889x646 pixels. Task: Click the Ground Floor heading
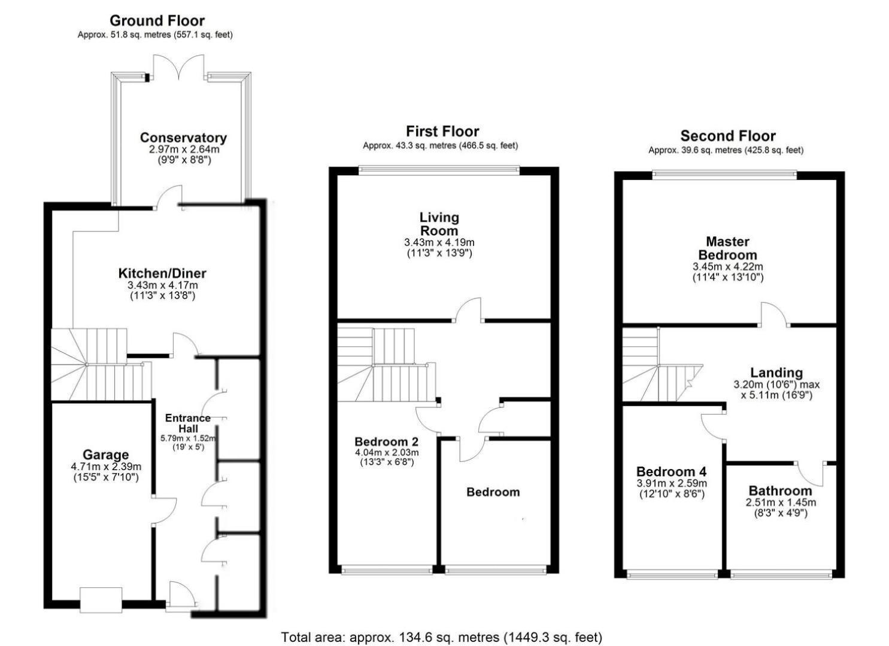(157, 20)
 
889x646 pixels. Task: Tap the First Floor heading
(442, 131)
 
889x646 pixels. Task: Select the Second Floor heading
(728, 136)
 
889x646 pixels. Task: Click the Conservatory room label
(183, 138)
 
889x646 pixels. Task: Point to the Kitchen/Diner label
(162, 273)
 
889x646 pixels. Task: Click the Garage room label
(105, 455)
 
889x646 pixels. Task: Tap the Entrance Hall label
(188, 423)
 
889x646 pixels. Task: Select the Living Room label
(439, 224)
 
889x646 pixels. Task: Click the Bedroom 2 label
(387, 441)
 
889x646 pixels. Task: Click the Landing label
(776, 373)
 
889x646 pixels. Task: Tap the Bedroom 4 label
(672, 471)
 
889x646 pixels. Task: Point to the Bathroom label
(780, 491)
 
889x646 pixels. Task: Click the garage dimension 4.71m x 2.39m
(106, 467)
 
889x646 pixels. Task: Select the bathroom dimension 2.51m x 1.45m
(781, 502)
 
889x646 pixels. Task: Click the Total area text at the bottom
(442, 637)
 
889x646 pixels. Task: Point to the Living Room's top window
(439, 170)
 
